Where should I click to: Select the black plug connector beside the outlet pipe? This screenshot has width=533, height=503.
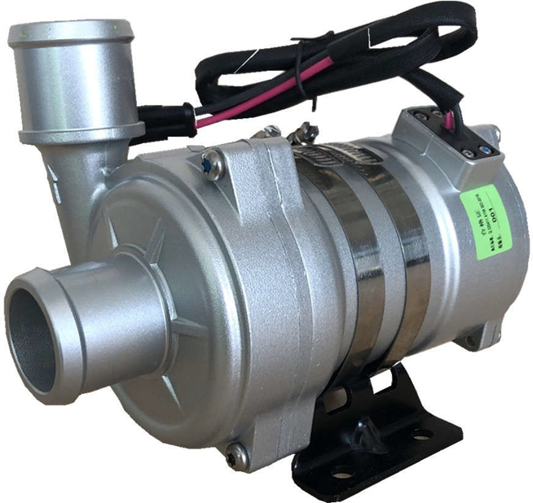coord(168,120)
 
